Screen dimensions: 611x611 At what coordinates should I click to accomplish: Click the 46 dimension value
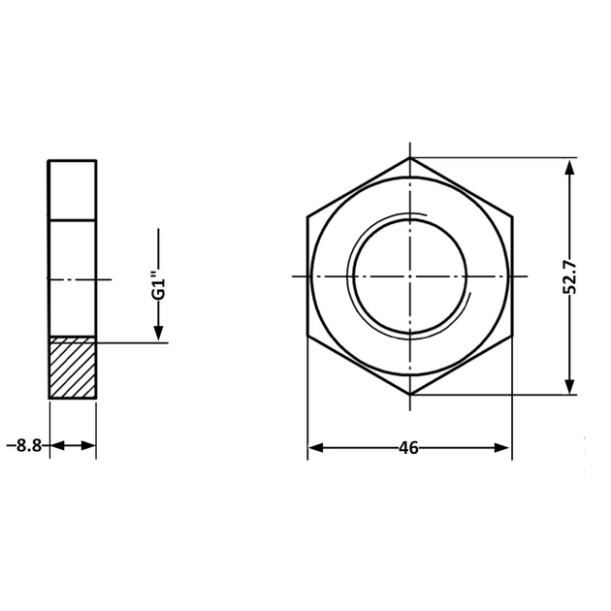pyautogui.click(x=408, y=448)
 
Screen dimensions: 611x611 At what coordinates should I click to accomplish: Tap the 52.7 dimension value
pyautogui.click(x=569, y=276)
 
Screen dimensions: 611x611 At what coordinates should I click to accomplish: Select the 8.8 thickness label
pyautogui.click(x=29, y=445)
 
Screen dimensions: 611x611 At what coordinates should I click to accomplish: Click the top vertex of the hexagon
pyautogui.click(x=410, y=157)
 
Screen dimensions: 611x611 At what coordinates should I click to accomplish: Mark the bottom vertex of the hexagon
pyautogui.click(x=410, y=395)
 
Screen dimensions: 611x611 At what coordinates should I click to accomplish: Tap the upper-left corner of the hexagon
pyautogui.click(x=307, y=216)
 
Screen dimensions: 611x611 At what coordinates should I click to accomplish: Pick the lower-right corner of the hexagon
pyautogui.click(x=512, y=336)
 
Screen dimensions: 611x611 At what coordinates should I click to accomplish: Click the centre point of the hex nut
pyautogui.click(x=410, y=276)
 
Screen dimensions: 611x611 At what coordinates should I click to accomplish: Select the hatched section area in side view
pyautogui.click(x=73, y=368)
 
